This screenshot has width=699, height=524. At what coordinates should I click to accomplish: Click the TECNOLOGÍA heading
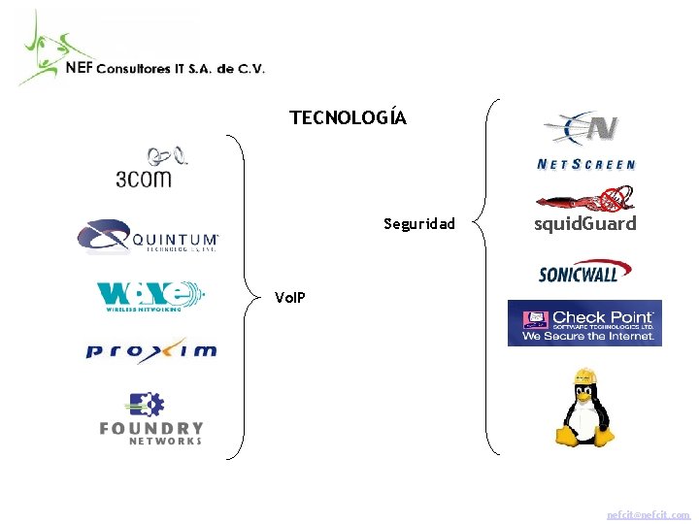click(x=348, y=118)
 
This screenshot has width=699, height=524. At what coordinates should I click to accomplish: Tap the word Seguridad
click(x=418, y=224)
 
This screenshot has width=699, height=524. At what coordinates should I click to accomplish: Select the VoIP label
click(x=289, y=297)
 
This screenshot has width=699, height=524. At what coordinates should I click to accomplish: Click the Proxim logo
click(x=150, y=350)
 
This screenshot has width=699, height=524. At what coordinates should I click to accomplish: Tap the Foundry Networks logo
click(x=150, y=419)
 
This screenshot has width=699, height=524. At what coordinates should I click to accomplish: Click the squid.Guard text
click(x=585, y=224)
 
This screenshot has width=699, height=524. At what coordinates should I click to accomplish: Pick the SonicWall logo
click(x=579, y=272)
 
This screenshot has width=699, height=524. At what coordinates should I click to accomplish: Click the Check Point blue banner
click(x=584, y=323)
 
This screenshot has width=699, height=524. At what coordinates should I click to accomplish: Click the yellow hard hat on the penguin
click(x=583, y=376)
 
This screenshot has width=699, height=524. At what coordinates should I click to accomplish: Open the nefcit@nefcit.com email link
click(x=648, y=514)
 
